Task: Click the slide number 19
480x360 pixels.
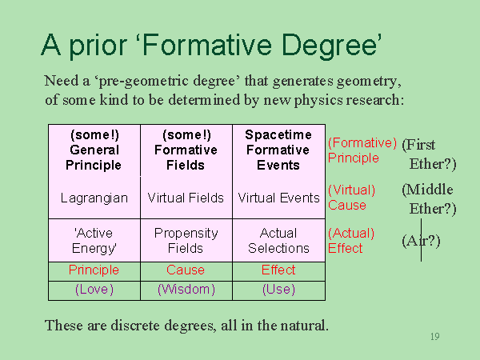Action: [435, 337]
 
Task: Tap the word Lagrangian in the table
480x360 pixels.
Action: [94, 198]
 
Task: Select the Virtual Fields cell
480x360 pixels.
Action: [186, 198]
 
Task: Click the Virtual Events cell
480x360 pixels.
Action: [278, 198]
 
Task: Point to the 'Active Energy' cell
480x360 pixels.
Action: [94, 241]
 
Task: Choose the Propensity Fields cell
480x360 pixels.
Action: [186, 241]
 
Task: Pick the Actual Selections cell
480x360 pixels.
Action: [278, 241]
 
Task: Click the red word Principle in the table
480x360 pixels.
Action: [94, 270]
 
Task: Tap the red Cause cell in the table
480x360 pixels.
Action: [186, 270]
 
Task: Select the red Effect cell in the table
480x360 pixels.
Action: [278, 270]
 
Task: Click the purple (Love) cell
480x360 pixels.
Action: [94, 290]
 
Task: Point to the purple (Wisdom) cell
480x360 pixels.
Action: [186, 290]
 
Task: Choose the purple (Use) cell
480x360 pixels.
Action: [278, 290]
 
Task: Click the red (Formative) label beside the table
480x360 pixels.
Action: [362, 142]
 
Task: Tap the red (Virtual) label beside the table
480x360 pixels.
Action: [351, 190]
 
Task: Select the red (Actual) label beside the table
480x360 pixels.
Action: [351, 234]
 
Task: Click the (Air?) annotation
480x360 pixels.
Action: [422, 241]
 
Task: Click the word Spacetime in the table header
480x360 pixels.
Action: [278, 134]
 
